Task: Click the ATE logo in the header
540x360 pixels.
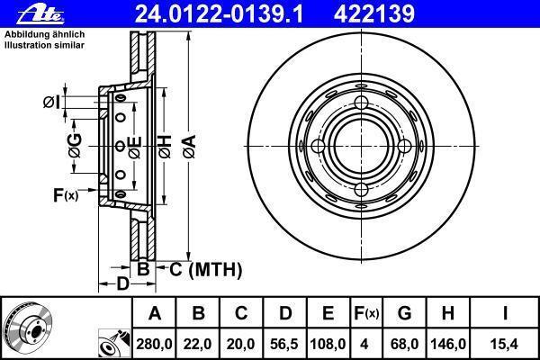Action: point(40,14)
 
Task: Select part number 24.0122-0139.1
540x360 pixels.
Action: point(219,13)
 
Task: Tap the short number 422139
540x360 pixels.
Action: point(374,13)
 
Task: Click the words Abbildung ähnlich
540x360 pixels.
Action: point(44,34)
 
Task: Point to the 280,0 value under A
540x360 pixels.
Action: point(154,344)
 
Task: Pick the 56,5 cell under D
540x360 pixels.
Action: point(284,344)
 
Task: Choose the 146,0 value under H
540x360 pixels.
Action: point(447,344)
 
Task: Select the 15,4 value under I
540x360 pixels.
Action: point(505,344)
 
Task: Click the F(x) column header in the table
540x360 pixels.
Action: point(366,313)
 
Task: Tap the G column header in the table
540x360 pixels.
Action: point(405,313)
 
